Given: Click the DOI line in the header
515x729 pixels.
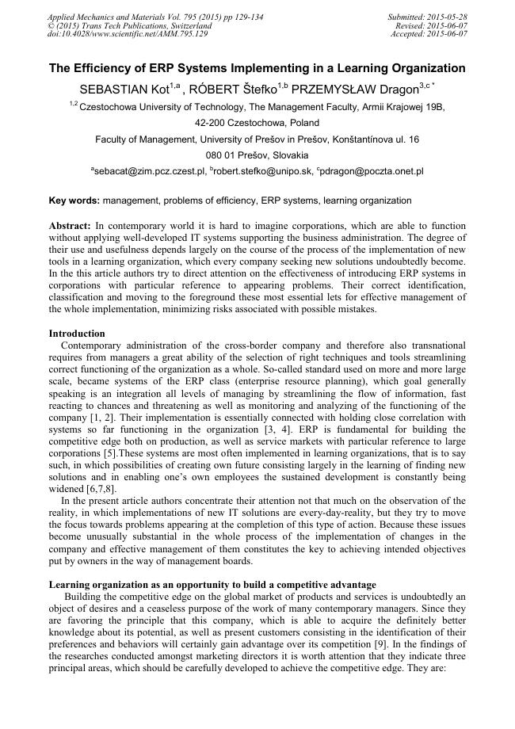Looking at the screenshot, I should (128, 34).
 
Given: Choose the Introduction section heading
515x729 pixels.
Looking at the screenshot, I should (77, 334).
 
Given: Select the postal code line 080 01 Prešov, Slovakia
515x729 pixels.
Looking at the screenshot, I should (257, 155).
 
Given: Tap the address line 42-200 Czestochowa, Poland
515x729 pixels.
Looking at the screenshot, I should (257, 123).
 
